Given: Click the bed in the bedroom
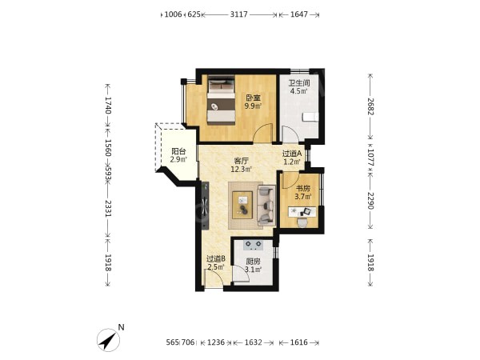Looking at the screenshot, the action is point(222,100).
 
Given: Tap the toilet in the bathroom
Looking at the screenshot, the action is point(310,117).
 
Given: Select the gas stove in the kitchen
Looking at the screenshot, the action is point(253,244).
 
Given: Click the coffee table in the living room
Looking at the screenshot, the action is point(242,205).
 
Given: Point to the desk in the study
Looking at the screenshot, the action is point(302,211).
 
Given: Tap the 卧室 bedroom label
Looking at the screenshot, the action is point(253,98).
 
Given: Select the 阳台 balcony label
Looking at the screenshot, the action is point(178,151).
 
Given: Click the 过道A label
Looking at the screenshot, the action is point(292,154).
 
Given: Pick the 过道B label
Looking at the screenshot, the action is point(216,259).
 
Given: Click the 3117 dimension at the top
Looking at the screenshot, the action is point(238,14).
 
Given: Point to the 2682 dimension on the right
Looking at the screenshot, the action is point(370,106).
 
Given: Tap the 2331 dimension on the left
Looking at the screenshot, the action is point(108,209).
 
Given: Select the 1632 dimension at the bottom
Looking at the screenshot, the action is point(253,342).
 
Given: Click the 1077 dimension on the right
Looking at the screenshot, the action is point(370,158).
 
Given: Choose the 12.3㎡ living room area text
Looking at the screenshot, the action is point(242,169).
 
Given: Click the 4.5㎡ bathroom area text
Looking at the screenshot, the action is point(299,91).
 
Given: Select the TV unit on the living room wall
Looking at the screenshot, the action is point(205,206).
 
